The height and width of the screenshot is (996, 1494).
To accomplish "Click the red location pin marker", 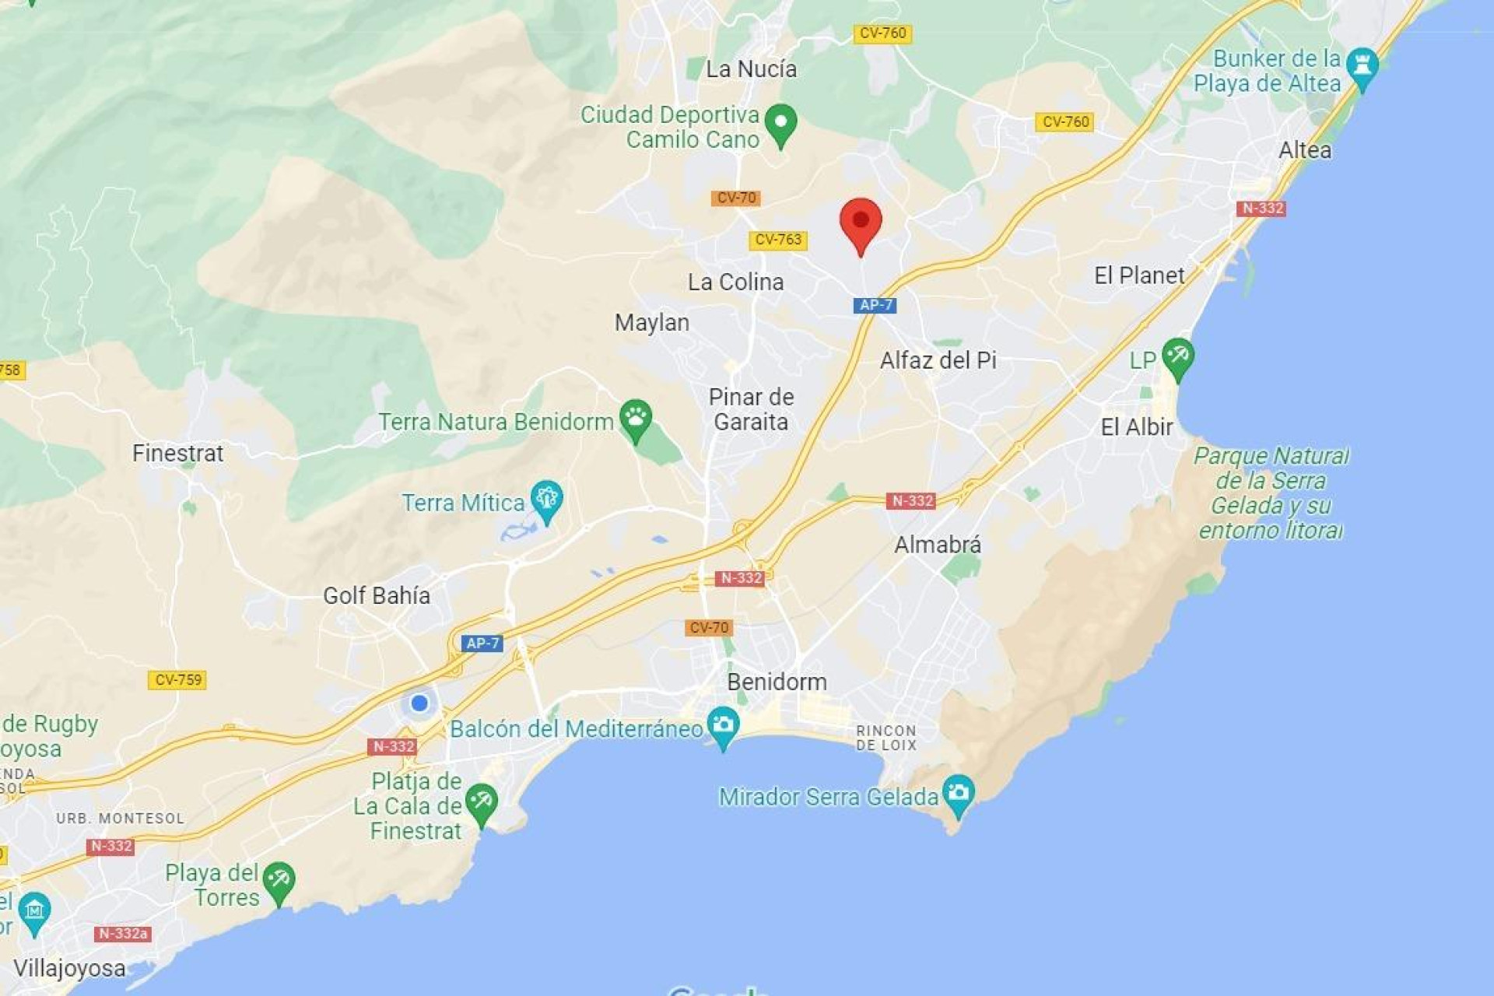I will click(861, 222).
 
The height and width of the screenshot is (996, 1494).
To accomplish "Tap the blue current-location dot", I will click(419, 703).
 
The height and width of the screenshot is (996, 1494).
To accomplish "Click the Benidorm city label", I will click(777, 682).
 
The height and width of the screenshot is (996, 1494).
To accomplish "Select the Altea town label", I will click(1305, 150).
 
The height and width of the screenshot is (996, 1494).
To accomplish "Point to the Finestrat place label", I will click(177, 453).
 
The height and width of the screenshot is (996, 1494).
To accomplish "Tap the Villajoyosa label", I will click(69, 969).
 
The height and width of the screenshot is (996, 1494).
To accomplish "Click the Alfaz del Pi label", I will click(938, 360).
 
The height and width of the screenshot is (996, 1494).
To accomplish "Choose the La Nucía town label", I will click(751, 69).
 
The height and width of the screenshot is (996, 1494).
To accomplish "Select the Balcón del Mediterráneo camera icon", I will click(724, 725).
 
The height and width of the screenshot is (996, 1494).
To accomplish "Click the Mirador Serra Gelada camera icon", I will click(958, 794).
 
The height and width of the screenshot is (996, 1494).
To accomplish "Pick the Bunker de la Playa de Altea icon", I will click(1362, 65).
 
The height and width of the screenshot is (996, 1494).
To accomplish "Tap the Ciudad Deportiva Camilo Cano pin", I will click(780, 124).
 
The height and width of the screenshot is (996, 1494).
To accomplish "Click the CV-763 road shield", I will click(777, 240).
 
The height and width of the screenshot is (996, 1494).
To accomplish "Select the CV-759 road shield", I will click(177, 680).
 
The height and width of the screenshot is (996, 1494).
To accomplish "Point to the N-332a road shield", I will click(123, 934).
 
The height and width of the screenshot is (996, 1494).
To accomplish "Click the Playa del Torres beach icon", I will click(279, 881).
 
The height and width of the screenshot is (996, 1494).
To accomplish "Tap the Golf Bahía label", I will click(377, 596).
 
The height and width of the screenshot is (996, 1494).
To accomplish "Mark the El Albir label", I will click(1136, 427).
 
